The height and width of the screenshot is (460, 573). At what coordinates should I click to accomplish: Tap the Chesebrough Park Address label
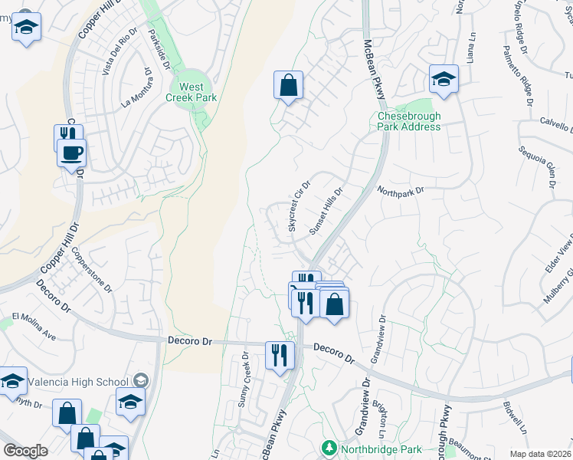(409, 121)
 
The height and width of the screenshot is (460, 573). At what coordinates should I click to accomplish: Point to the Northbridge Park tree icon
(329, 446)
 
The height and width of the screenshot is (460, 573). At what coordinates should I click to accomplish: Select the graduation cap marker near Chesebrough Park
(444, 79)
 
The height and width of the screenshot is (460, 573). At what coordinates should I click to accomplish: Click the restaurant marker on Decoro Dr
(278, 355)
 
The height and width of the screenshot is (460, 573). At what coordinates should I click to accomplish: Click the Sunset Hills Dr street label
(325, 210)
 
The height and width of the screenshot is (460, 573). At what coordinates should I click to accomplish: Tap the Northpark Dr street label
(400, 190)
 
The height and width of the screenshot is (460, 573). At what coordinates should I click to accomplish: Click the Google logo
(25, 451)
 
